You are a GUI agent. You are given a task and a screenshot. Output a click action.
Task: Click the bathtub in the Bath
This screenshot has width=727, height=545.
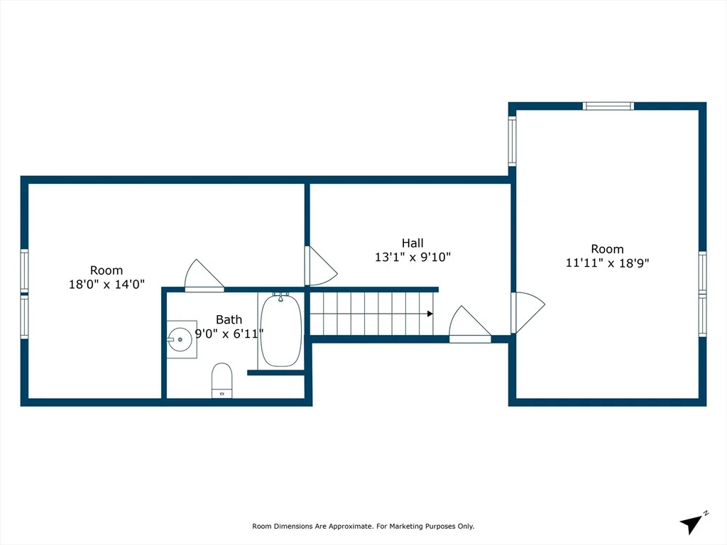[x=281, y=330]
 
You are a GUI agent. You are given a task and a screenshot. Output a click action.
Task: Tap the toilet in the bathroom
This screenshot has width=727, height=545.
[x=222, y=380]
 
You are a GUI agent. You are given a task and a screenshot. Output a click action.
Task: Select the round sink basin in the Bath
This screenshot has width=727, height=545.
[x=180, y=339]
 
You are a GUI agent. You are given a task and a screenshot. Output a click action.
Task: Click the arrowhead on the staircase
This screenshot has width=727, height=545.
[x=430, y=314]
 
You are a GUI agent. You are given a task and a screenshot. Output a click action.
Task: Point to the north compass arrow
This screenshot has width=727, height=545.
[x=690, y=524]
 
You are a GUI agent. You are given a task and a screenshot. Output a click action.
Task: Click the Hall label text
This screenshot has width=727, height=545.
[x=412, y=243]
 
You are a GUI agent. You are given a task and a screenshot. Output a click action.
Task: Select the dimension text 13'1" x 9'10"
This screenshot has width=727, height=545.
[x=412, y=257]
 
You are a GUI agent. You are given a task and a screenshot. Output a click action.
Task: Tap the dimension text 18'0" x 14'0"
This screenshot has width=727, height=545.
[x=106, y=284]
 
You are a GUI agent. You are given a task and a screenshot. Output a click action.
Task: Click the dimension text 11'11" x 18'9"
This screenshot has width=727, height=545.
[x=608, y=263]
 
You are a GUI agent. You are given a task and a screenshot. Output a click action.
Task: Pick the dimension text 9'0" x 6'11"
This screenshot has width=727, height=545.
[x=229, y=334]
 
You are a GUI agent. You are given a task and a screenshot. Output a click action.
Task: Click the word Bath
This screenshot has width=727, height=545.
[x=229, y=319]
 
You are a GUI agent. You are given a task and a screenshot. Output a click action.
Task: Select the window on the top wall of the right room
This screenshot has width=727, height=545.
[x=608, y=106]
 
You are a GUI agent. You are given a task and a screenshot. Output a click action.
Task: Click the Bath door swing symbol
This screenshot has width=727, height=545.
[x=204, y=276]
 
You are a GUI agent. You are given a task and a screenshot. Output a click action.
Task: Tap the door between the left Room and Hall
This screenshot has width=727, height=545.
[x=320, y=266]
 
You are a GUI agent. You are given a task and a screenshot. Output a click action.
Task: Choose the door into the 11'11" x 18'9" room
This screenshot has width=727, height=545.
[x=528, y=312]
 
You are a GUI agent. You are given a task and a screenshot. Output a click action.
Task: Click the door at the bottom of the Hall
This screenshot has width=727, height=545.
[x=470, y=324]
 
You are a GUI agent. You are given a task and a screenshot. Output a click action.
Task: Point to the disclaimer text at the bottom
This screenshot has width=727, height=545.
[x=363, y=526]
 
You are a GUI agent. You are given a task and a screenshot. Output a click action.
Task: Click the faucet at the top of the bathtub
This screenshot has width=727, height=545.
[x=280, y=297]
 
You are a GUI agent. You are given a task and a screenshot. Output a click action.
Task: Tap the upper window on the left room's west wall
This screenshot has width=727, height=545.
[x=24, y=270]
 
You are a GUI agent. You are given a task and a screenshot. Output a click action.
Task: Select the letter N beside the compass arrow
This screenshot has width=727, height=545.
[x=706, y=513]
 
